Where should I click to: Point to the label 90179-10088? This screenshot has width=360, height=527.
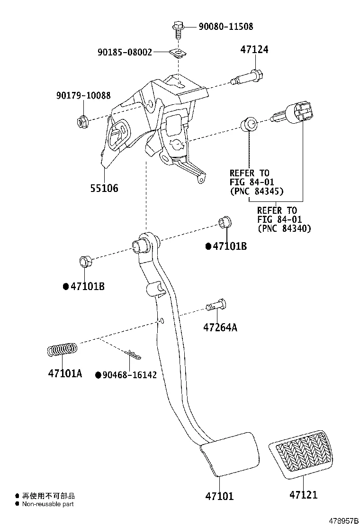coord(83,96)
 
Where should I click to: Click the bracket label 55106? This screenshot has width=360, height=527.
coord(104,188)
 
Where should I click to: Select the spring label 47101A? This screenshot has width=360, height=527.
coord(65,373)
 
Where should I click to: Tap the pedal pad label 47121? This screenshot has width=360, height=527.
coord(304,495)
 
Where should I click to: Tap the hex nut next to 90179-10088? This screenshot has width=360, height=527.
coord(81,122)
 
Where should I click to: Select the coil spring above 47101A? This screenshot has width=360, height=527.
coord(63,350)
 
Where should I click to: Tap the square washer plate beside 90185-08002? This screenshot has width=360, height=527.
coord(177,53)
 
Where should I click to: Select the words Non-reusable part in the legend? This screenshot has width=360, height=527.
coord(48,504)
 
